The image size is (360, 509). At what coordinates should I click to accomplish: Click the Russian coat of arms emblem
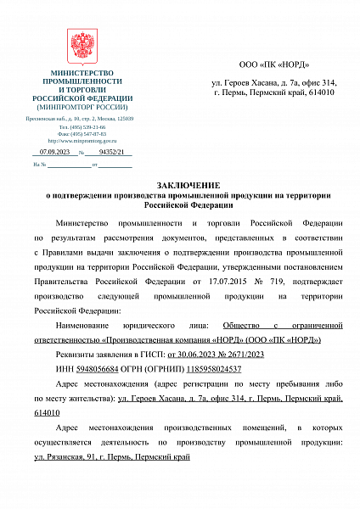(82, 44)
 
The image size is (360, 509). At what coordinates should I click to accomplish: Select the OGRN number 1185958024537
(211, 369)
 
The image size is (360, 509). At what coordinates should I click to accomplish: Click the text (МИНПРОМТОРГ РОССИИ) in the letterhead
(82, 107)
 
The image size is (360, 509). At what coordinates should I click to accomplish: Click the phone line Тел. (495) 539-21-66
(82, 126)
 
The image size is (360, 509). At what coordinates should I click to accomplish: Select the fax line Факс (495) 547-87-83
(82, 133)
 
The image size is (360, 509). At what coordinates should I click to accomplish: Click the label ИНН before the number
(64, 369)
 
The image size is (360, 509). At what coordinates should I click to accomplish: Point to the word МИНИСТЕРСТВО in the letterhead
(82, 74)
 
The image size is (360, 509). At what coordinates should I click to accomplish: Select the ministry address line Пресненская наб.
(82, 120)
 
